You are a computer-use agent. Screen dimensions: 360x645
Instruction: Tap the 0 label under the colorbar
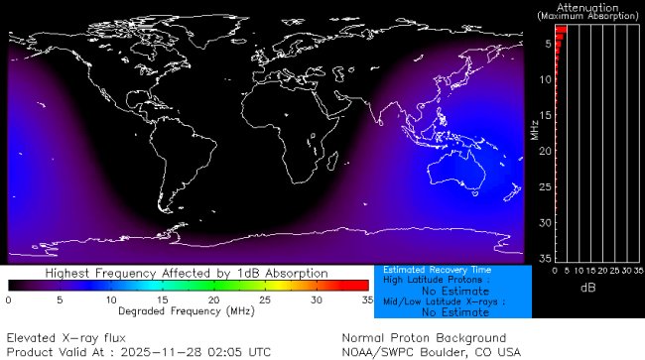[9, 299]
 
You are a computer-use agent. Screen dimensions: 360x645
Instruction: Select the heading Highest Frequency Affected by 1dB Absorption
[187, 273]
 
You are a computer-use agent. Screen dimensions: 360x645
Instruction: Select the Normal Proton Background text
[424, 337]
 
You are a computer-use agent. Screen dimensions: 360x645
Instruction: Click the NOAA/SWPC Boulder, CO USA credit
[431, 352]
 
